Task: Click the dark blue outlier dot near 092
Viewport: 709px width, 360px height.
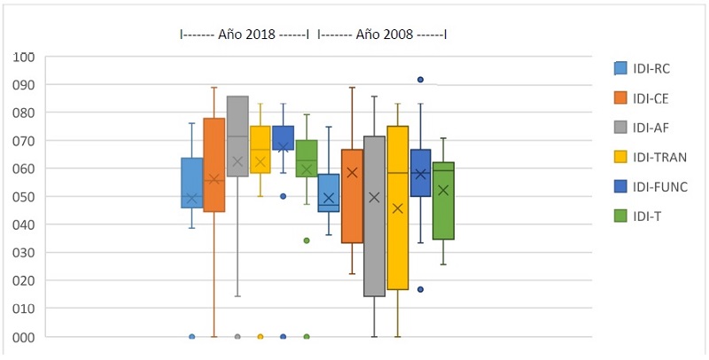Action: tap(421, 80)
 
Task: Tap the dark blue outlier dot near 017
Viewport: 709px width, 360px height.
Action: tap(421, 289)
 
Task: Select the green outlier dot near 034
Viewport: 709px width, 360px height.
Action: tap(307, 240)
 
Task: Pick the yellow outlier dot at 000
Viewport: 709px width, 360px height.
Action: tap(261, 337)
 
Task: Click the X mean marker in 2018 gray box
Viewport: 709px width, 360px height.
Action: tap(238, 162)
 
